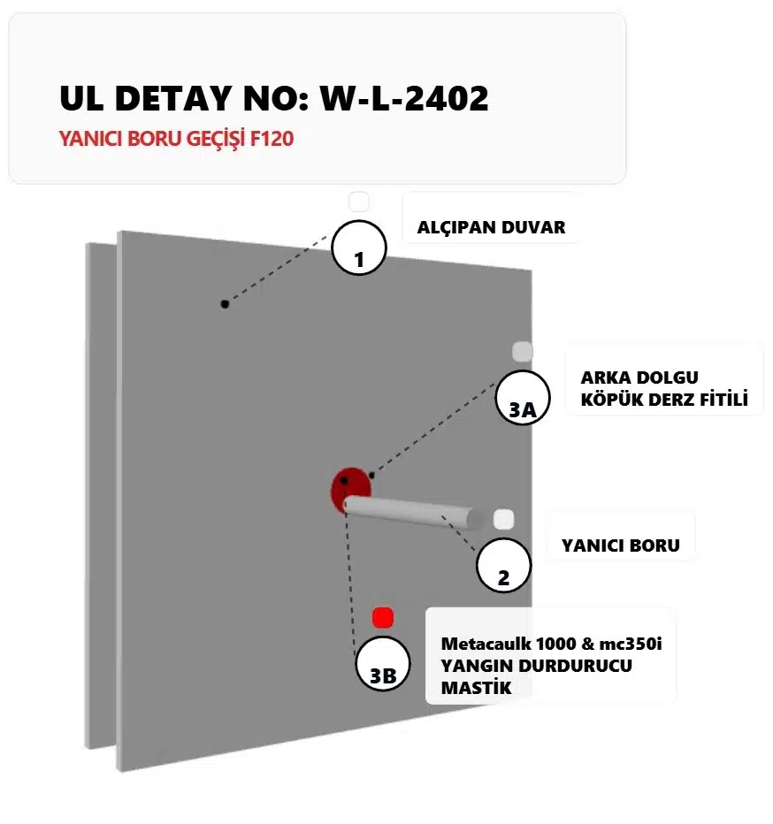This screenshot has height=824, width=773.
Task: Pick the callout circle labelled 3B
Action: (x=382, y=663)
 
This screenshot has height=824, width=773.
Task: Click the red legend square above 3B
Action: (x=382, y=617)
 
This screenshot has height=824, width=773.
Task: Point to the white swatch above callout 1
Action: (x=359, y=202)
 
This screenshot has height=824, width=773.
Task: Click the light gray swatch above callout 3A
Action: (x=523, y=351)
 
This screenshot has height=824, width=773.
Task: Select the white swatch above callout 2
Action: (x=504, y=519)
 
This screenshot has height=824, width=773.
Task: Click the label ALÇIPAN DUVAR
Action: (x=491, y=227)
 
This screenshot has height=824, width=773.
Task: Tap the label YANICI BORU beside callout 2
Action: (x=621, y=546)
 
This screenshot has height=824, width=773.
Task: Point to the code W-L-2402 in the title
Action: (x=404, y=98)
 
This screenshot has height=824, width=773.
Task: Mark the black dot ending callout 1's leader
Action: (x=225, y=304)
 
